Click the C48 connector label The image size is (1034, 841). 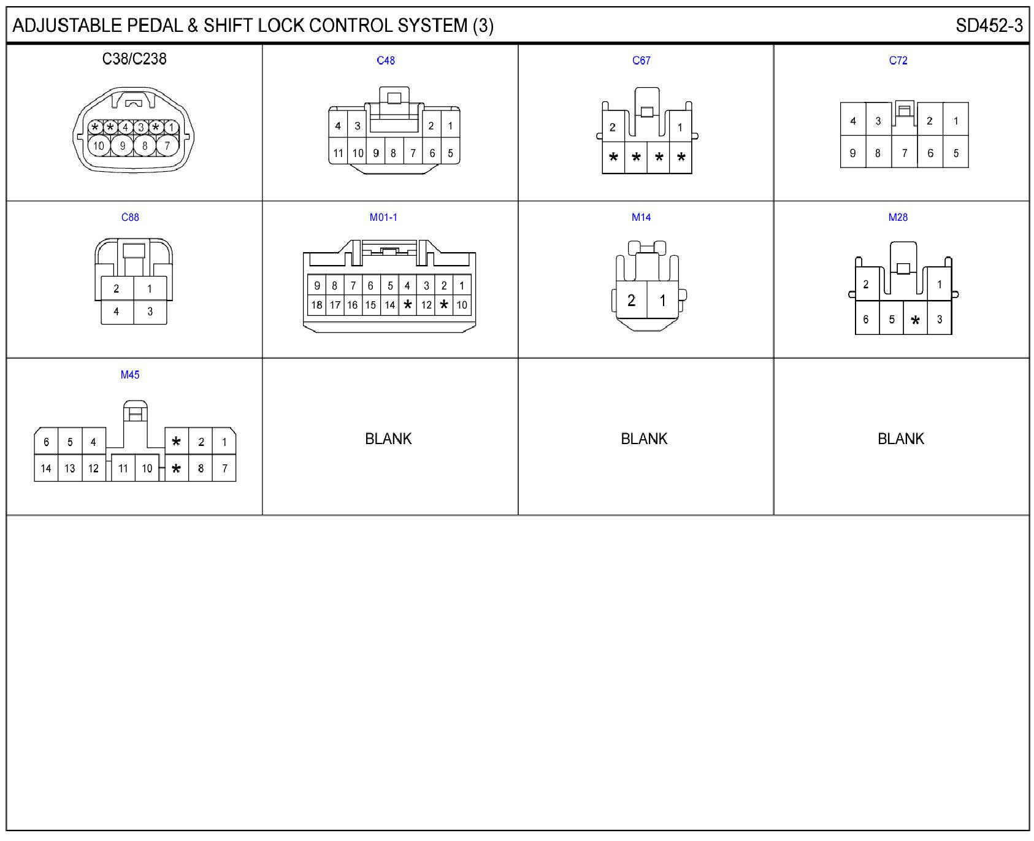pos(385,60)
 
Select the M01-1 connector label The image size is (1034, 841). pos(383,217)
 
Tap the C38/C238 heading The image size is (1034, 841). pos(134,59)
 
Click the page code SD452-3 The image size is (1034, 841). pos(989,26)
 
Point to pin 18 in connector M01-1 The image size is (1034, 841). pos(316,305)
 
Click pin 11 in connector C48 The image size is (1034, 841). pos(338,153)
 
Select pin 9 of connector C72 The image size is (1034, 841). pos(852,153)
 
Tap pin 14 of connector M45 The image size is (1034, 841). pos(46,469)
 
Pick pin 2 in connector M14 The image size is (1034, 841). pos(631,301)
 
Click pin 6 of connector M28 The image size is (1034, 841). pos(865,320)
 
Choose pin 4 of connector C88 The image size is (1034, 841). pos(117,312)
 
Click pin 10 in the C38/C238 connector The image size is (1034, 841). pos(99,146)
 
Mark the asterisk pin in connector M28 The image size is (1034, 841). pos(915,320)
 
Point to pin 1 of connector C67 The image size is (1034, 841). pos(680,128)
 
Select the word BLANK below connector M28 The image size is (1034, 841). pos(900,439)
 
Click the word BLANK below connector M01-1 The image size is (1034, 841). pos(388,439)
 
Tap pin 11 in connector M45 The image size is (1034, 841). pos(123,469)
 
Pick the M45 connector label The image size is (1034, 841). pos(129,375)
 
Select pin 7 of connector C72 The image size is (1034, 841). pos(904,153)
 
